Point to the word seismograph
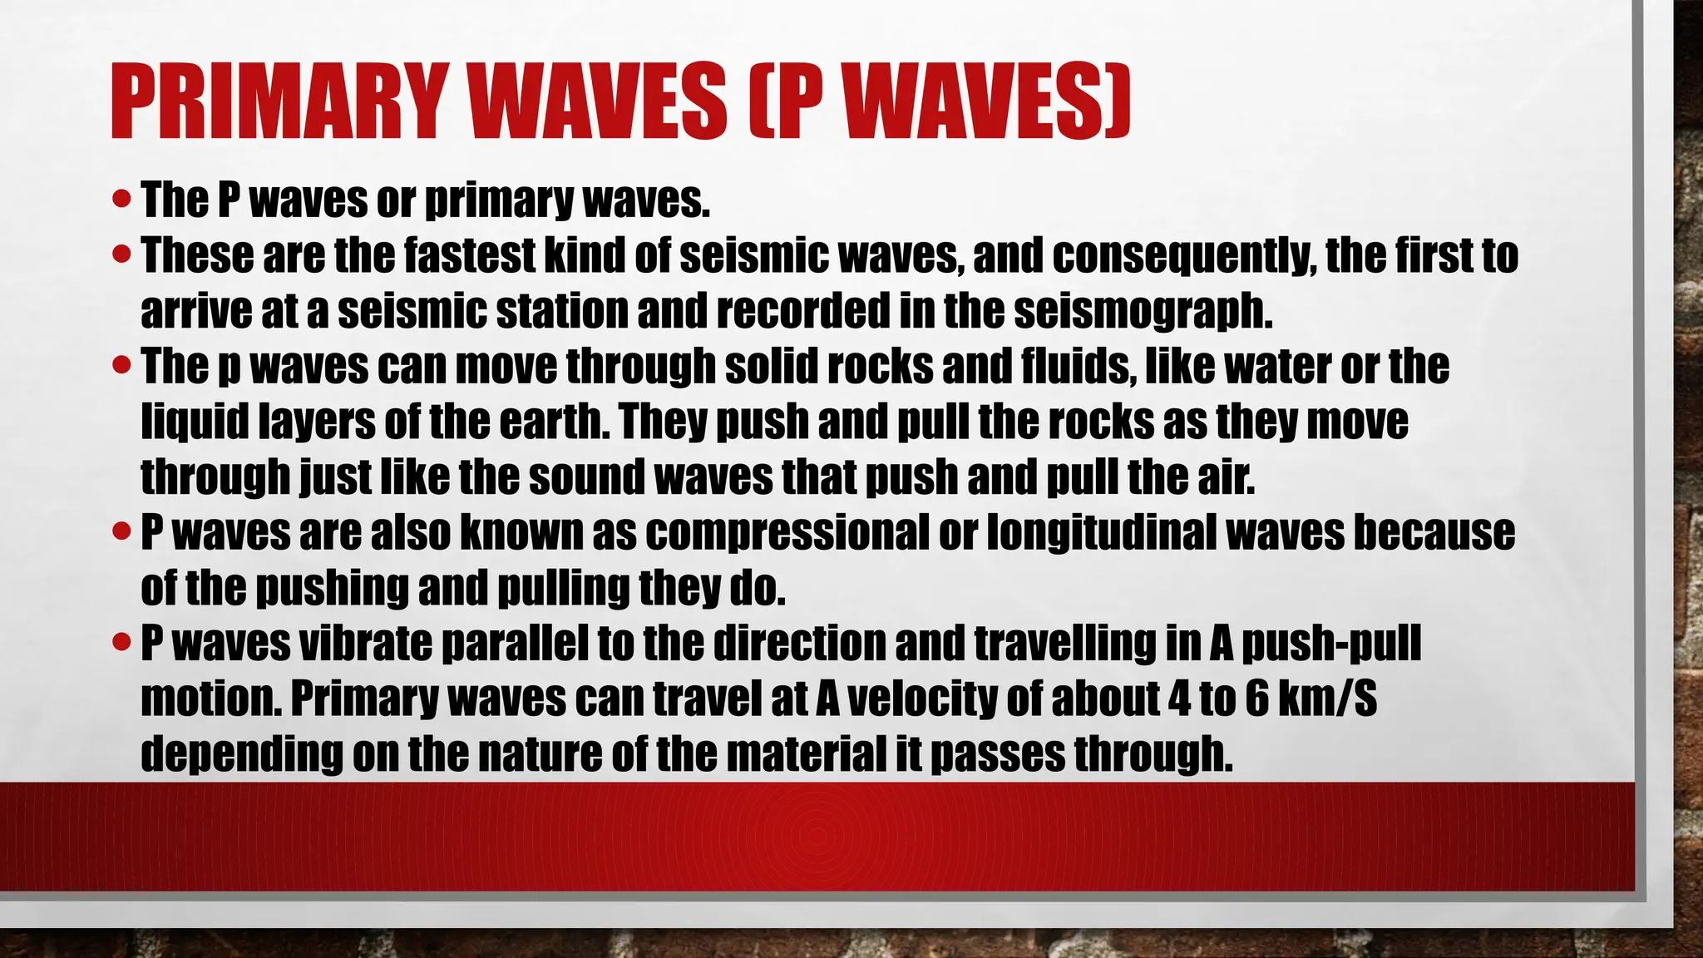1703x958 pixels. (1143, 311)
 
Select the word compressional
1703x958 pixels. (787, 532)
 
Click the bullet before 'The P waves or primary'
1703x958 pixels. (121, 200)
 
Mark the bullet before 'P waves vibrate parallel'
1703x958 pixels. (121, 643)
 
